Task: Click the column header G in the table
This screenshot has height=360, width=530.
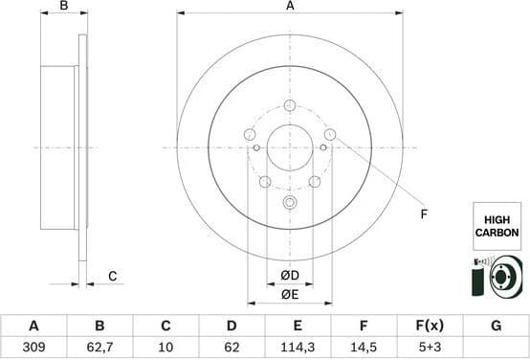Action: (x=496, y=326)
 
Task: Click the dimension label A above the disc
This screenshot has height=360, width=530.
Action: (x=290, y=7)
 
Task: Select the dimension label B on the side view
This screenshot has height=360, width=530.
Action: (x=63, y=7)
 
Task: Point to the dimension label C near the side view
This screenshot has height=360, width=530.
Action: (x=112, y=277)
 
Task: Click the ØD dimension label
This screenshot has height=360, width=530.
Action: (x=290, y=276)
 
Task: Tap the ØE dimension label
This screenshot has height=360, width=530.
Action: (x=290, y=294)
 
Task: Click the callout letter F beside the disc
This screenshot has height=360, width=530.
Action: (x=424, y=214)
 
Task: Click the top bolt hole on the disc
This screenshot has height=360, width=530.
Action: (x=290, y=104)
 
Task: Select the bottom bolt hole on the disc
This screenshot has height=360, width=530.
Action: (x=290, y=202)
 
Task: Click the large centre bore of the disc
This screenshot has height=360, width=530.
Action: (x=290, y=146)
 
